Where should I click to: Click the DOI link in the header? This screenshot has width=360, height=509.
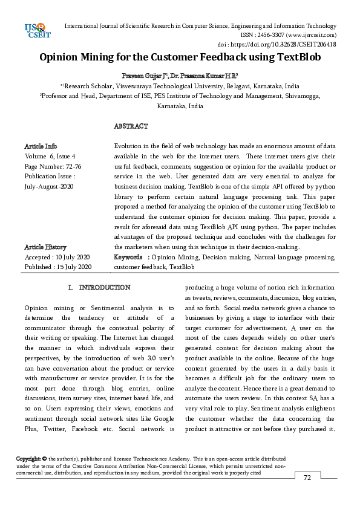click(284, 44)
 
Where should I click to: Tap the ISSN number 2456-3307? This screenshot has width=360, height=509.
click(259, 35)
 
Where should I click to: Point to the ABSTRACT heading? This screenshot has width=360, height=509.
click(131, 126)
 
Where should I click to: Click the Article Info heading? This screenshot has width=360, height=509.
click(41, 146)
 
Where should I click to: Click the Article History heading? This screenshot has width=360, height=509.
click(45, 247)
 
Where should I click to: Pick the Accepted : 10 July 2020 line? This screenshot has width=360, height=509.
click(57, 257)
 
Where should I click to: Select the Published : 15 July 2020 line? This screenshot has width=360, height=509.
click(57, 267)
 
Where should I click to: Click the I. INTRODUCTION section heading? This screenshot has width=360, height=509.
click(99, 287)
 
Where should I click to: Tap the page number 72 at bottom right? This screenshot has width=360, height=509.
click(307, 478)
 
